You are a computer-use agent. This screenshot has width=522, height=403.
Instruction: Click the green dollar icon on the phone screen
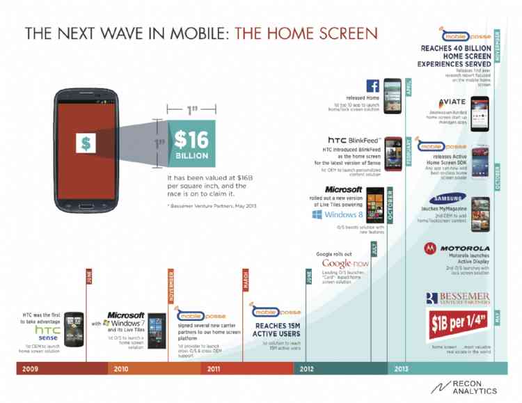pyautogui.click(x=86, y=143)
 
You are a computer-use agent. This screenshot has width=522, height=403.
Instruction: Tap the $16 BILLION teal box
pyautogui.click(x=191, y=144)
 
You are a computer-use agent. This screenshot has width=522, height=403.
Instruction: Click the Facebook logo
pyautogui.click(x=372, y=86)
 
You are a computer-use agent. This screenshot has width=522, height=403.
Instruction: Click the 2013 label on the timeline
pyautogui.click(x=402, y=368)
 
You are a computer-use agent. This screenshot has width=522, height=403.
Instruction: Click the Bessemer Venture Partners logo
pyautogui.click(x=457, y=299)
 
